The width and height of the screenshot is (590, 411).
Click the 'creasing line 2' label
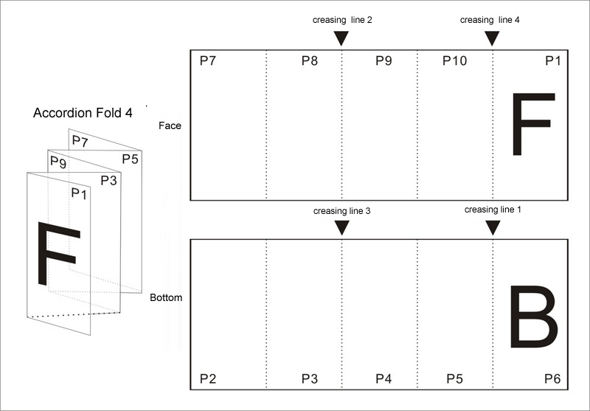tap(342, 21)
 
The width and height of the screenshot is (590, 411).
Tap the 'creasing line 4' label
tap(490, 21)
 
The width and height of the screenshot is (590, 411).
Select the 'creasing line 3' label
tap(341, 211)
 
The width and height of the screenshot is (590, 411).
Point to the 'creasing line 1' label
tap(493, 210)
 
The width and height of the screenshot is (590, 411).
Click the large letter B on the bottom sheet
tap(534, 317)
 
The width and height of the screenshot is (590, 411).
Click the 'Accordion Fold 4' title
tap(83, 113)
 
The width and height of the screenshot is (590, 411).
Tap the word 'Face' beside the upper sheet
tap(170, 125)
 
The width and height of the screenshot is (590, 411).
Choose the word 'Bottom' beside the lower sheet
tap(166, 297)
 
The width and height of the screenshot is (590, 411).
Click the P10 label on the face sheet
tap(454, 61)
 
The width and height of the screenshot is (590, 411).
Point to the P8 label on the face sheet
tap(310, 61)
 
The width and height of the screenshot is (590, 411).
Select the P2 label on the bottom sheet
tap(208, 379)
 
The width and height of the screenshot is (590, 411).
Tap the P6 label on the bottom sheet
tap(552, 379)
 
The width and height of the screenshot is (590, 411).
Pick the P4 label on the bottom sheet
tap(383, 379)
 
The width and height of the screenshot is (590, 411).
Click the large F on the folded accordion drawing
tap(59, 253)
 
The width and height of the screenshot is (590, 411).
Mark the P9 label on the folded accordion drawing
tap(58, 162)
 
